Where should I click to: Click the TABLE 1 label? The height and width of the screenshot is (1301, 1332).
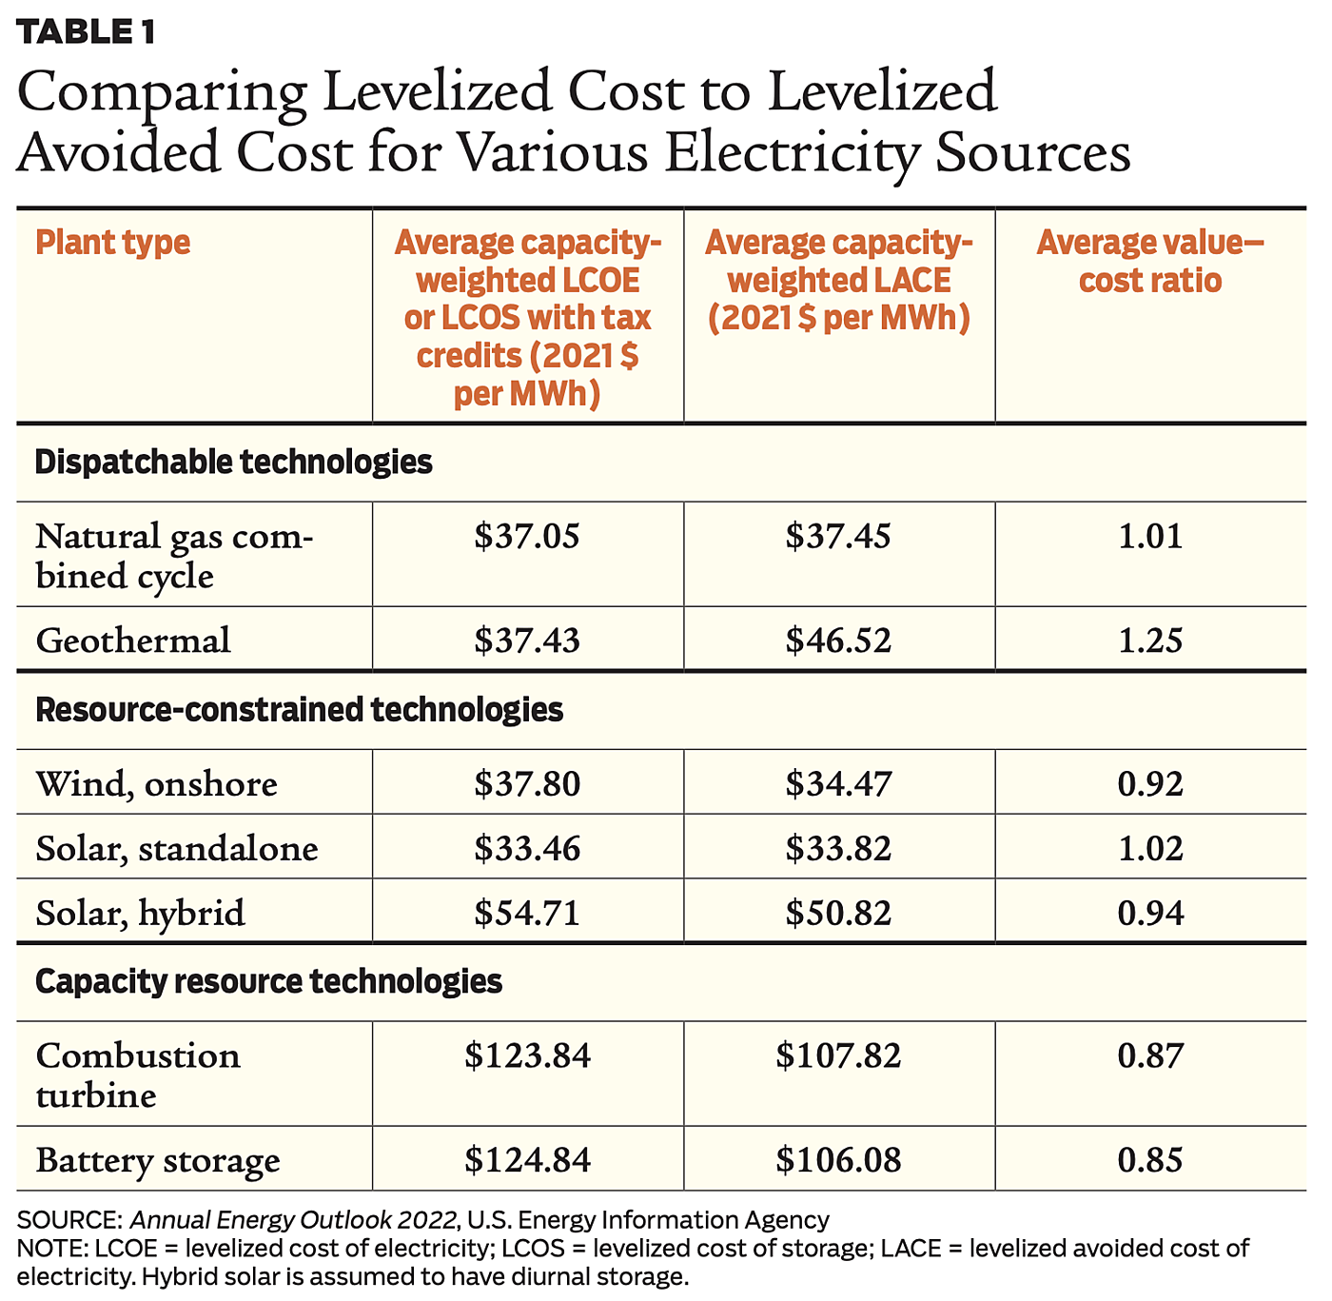pos(85,32)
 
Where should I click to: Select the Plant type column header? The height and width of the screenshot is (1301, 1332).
pos(112,243)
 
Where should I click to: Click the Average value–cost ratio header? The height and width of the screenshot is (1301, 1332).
pos(1150,262)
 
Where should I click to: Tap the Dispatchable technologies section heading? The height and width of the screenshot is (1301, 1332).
pos(233,463)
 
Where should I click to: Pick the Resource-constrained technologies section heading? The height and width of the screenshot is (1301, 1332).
pos(299,710)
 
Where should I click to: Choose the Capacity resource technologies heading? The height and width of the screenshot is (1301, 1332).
pos(268,981)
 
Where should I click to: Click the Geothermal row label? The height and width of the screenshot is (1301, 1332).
pos(133,641)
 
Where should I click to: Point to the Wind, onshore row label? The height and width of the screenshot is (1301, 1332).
pos(157,784)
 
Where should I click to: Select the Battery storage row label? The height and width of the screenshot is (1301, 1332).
pos(158,1161)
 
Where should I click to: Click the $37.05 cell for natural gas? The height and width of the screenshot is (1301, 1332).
pos(527,537)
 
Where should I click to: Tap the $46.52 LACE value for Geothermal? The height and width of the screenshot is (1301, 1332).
pos(838,641)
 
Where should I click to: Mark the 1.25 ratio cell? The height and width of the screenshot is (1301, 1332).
pos(1150,641)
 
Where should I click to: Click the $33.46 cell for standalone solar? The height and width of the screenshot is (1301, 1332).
pos(527,849)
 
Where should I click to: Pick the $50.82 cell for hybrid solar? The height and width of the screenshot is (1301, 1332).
pos(838,914)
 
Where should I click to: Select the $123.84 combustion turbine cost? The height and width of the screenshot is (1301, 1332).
pos(527,1055)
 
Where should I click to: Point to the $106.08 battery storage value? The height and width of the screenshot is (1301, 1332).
pos(838,1161)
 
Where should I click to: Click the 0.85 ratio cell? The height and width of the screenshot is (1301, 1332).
pos(1150,1161)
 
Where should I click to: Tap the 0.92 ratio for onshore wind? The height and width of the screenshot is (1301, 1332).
pos(1150,784)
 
